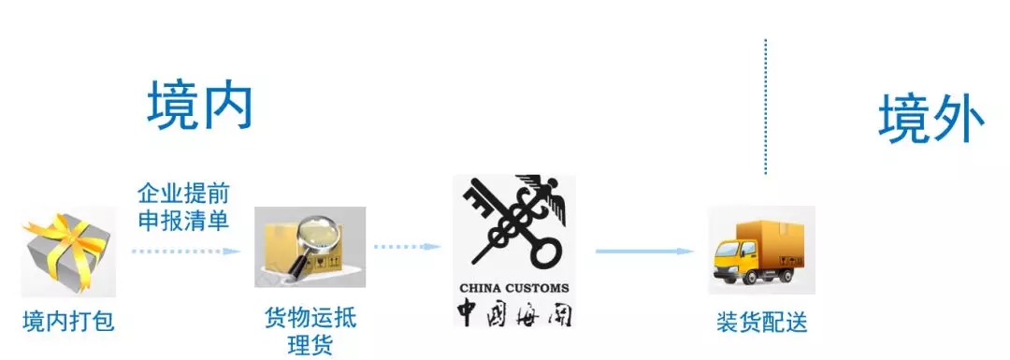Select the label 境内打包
click(68, 322)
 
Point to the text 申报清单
click(183, 222)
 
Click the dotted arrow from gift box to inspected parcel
click(186, 251)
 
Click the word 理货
click(310, 344)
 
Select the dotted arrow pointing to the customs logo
click(407, 247)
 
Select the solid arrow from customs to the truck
click(645, 251)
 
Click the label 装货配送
click(761, 323)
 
